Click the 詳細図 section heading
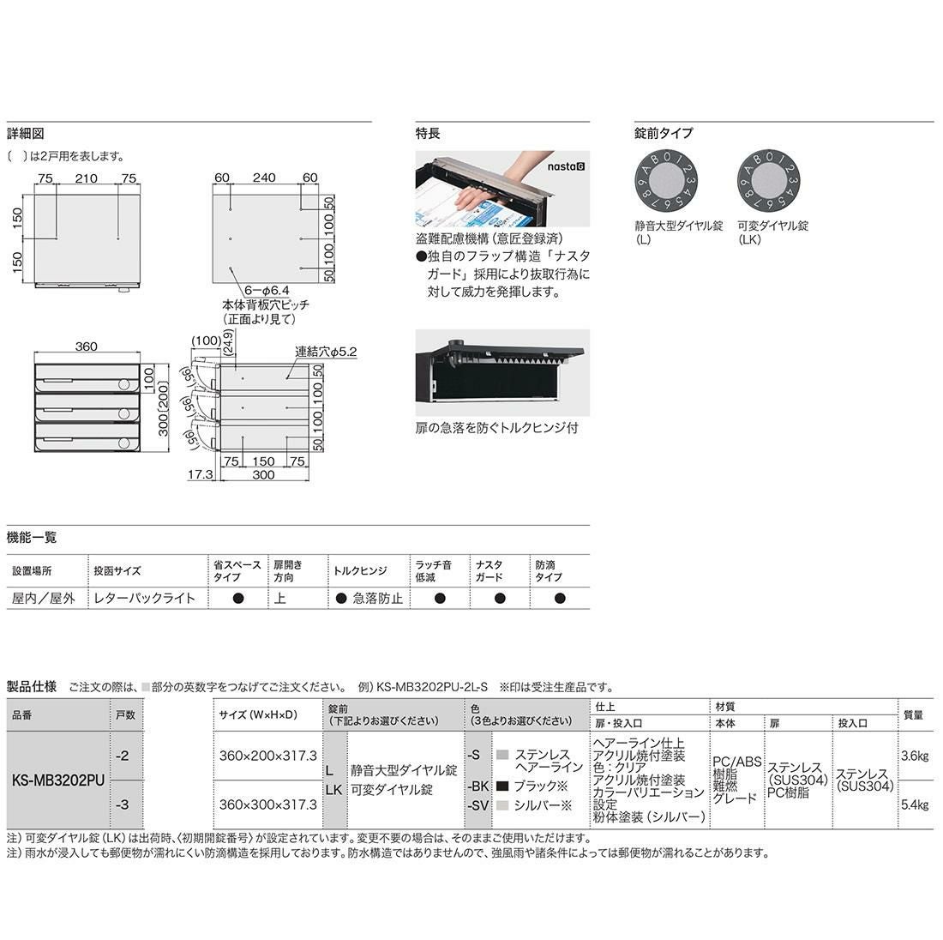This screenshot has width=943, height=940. click(x=25, y=134)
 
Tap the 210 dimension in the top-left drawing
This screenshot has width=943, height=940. click(x=86, y=178)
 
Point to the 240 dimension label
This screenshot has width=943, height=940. click(x=264, y=178)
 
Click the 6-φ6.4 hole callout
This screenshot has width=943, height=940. click(x=267, y=291)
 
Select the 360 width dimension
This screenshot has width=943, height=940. click(x=86, y=346)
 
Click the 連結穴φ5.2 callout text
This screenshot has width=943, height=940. click(x=326, y=352)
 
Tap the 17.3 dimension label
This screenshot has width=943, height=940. click(x=201, y=474)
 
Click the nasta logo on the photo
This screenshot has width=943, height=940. click(x=565, y=166)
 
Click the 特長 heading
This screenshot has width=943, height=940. click(x=428, y=134)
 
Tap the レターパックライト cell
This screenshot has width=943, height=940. click(x=144, y=598)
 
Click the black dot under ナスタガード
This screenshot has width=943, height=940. click(x=500, y=598)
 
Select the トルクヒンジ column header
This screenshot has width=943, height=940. click(x=360, y=570)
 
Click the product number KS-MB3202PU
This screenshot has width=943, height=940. click(x=58, y=780)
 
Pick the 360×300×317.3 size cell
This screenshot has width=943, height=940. click(x=267, y=804)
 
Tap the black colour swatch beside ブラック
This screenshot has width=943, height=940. click(x=502, y=786)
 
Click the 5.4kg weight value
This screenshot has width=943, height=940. click(x=915, y=804)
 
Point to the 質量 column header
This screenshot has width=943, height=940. click(x=914, y=715)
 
